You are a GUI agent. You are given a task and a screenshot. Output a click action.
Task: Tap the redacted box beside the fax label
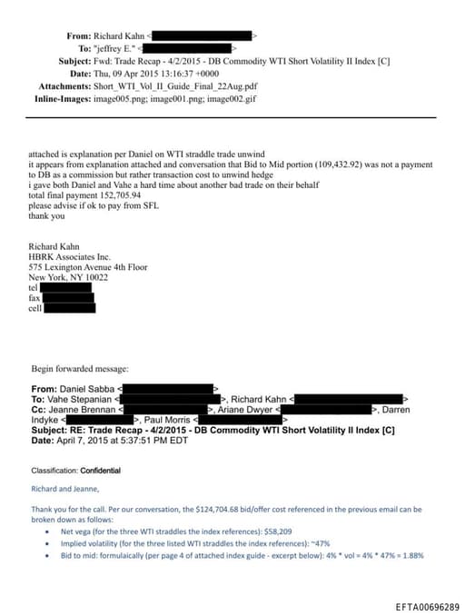tap(67, 297)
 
